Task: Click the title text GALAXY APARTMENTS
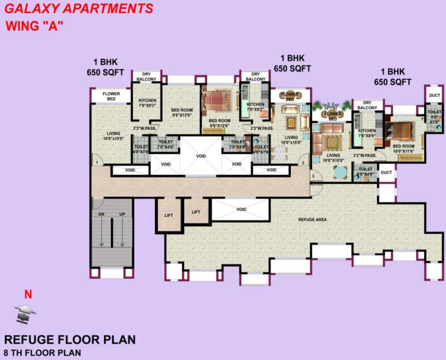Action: (x=79, y=8)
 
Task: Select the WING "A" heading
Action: (x=34, y=26)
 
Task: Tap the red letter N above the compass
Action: (x=28, y=295)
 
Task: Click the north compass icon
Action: (x=25, y=314)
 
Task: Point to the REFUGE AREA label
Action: (x=312, y=219)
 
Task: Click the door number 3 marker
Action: (x=313, y=176)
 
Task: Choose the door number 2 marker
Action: (x=303, y=163)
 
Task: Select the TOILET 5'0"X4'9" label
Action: (x=365, y=172)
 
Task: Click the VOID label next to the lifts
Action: (x=241, y=210)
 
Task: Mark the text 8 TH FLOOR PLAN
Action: (x=42, y=352)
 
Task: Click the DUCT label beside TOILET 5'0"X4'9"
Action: (x=386, y=172)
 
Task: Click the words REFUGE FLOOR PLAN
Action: (x=70, y=339)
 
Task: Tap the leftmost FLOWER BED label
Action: (x=111, y=97)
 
